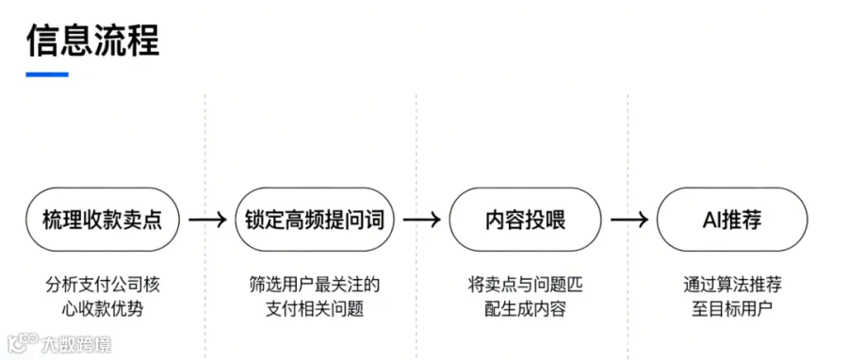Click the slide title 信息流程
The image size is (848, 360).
click(92, 40)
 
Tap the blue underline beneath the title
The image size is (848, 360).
click(47, 74)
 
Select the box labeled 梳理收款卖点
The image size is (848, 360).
click(103, 220)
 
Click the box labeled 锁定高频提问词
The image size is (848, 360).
click(315, 220)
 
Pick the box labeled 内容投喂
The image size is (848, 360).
click(525, 220)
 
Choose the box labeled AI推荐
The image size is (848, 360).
click(732, 220)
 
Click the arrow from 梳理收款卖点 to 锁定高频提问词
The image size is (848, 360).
click(207, 220)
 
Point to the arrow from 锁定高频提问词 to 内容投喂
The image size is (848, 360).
click(422, 220)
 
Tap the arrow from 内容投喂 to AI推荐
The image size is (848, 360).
click(629, 220)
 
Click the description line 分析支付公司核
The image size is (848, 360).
click(103, 285)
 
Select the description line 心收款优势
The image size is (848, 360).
click(103, 310)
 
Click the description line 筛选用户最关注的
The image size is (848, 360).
click(315, 285)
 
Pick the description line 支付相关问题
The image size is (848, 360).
click(315, 310)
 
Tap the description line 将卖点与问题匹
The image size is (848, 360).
click(525, 285)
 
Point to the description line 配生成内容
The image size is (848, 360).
click(525, 310)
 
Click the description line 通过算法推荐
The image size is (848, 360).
click(732, 285)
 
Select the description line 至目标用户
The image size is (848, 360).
click(732, 310)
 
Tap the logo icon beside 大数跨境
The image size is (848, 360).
click(23, 344)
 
